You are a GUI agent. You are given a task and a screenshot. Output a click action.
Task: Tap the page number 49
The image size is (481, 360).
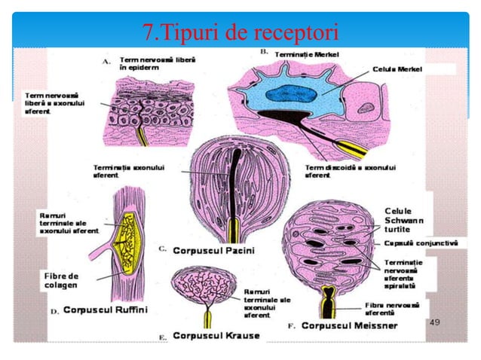pyautogui.click(x=434, y=322)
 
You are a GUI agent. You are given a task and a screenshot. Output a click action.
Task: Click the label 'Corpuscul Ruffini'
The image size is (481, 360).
pyautogui.click(x=106, y=310)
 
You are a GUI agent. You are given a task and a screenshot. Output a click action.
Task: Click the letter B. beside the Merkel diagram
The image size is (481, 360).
pyautogui.click(x=264, y=52)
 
